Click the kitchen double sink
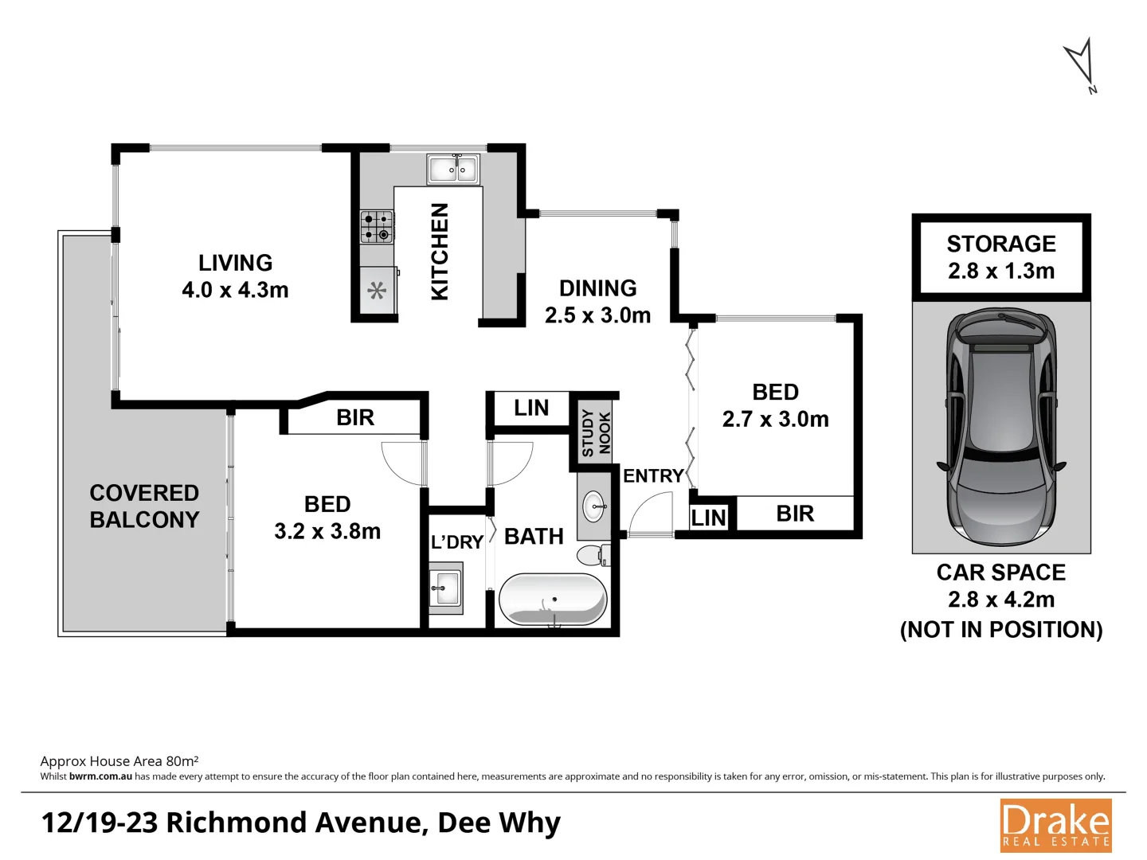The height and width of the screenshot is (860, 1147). coord(453,169)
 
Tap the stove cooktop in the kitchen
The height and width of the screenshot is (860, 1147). coord(377,226)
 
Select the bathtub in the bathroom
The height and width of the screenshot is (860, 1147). coord(554,599)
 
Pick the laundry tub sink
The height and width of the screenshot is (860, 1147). coord(445,589)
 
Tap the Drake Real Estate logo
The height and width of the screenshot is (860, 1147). coord(1055,826)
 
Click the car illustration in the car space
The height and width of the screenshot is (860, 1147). coord(1001,428)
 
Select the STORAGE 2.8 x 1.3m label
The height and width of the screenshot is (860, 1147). coord(1001,256)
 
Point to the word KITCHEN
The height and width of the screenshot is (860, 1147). coord(440,252)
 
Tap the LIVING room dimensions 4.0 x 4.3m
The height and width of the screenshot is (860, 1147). coord(235,290)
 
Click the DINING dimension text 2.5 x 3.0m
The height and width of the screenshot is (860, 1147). coord(597,315)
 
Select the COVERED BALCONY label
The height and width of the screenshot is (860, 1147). coord(144,506)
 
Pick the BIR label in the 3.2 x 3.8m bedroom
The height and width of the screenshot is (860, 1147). coord(355,417)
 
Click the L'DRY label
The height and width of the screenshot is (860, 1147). coord(457,542)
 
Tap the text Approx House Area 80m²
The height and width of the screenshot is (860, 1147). coord(119,761)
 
